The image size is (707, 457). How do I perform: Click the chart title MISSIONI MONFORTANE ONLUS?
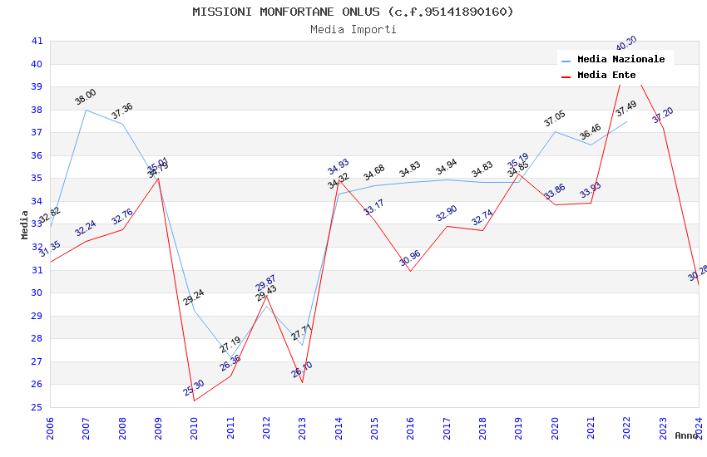tap(353, 12)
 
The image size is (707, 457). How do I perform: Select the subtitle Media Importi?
tap(353, 29)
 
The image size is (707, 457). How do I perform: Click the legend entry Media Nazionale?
tap(620, 59)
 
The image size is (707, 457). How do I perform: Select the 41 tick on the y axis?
tap(37, 41)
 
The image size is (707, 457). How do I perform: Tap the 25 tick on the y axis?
tap(37, 407)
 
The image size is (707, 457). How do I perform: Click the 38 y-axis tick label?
tap(37, 110)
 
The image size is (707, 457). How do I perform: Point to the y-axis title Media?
tap(25, 224)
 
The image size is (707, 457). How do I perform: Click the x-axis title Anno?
tap(686, 435)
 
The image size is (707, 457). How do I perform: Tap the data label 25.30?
tap(194, 388)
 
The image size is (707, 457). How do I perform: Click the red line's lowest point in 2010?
tap(195, 400)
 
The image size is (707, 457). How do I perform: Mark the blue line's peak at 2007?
tap(87, 110)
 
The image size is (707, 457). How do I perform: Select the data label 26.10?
tap(302, 370)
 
